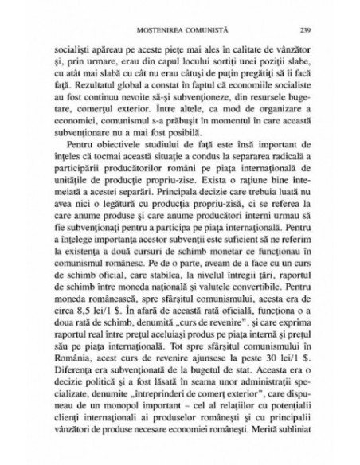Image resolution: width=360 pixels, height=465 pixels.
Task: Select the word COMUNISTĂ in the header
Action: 202,30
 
